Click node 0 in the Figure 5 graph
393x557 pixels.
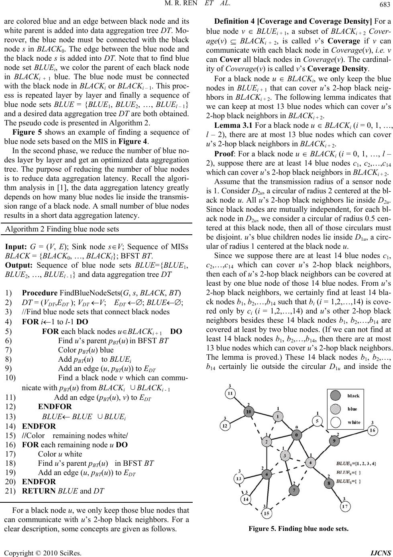coord(297,435)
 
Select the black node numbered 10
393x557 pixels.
coord(249,412)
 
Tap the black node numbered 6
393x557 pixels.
coord(266,475)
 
